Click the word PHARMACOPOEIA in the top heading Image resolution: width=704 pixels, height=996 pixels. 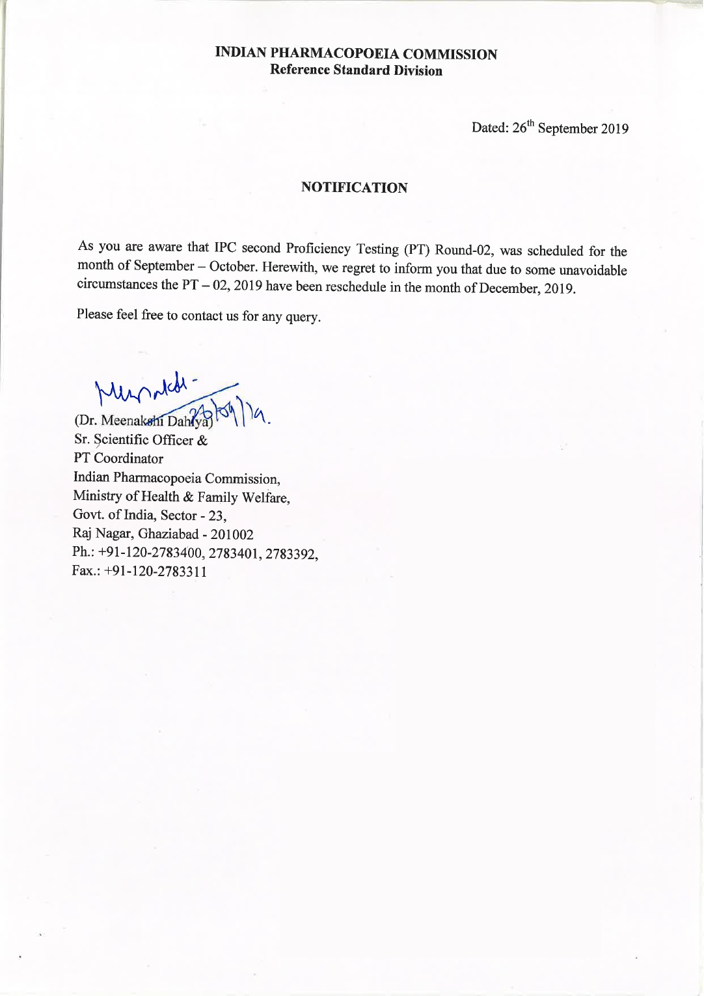tap(334, 54)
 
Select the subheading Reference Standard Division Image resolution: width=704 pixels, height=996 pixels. tap(356, 70)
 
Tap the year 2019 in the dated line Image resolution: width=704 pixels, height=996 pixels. tap(614, 129)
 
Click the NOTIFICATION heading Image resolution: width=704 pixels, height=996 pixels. tap(354, 187)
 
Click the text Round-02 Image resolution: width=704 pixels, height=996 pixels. tap(463, 251)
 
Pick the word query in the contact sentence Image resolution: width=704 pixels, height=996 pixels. tap(303, 317)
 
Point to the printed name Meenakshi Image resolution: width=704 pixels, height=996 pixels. tap(132, 420)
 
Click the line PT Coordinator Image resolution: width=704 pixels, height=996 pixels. tap(118, 458)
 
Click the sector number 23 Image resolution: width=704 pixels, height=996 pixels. tap(217, 516)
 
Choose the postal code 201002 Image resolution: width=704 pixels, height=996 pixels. tap(232, 535)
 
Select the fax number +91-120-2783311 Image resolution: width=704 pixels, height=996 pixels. tap(156, 572)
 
